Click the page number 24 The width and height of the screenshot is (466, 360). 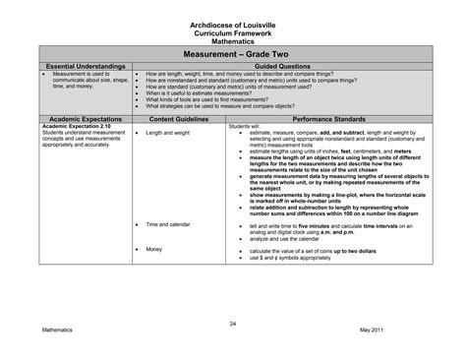(233, 324)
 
